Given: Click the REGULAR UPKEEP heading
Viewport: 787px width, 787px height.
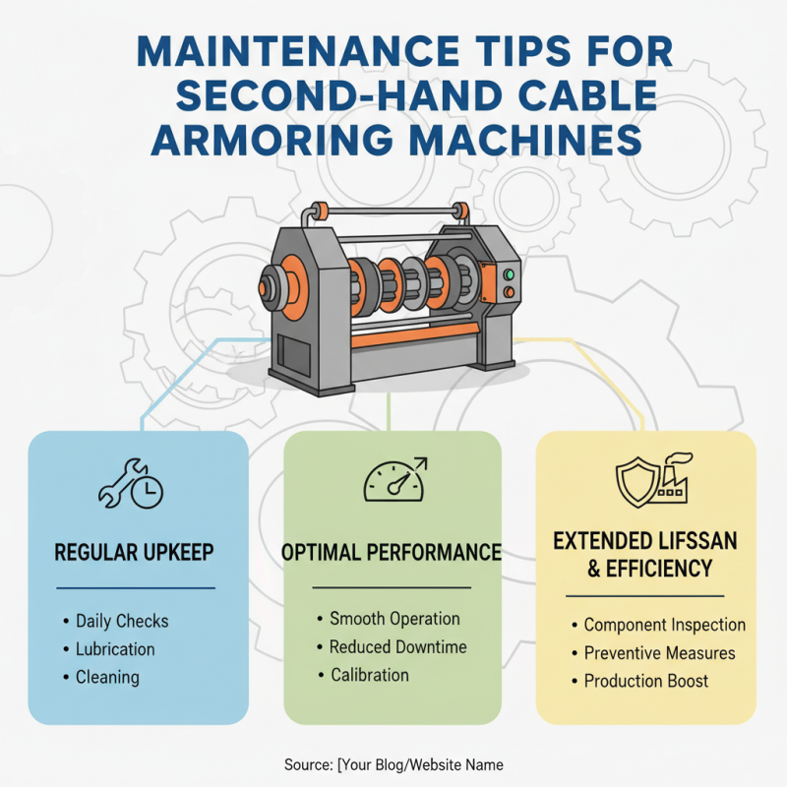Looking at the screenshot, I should pyautogui.click(x=136, y=552).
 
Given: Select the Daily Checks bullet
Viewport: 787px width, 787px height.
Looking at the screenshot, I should pyautogui.click(x=122, y=621).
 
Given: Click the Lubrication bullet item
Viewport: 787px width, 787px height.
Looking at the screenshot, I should pyautogui.click(x=115, y=649).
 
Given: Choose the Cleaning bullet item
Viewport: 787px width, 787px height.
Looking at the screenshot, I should pyautogui.click(x=107, y=677).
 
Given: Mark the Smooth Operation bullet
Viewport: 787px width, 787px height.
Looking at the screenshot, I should pyautogui.click(x=394, y=619).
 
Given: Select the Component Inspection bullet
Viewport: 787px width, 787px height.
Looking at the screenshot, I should pyautogui.click(x=664, y=625).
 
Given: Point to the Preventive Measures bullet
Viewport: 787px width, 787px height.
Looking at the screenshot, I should pyautogui.click(x=659, y=653).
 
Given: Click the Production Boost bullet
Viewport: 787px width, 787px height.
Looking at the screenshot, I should pyautogui.click(x=645, y=681).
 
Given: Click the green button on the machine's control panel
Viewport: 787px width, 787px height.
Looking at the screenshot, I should pyautogui.click(x=509, y=274).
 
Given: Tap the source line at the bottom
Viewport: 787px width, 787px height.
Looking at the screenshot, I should pyautogui.click(x=393, y=764).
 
